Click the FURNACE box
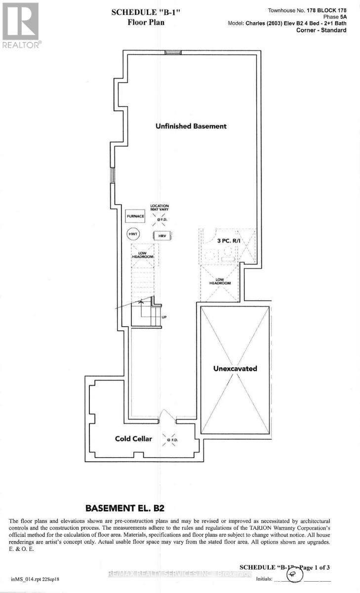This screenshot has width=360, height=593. click(x=135, y=216)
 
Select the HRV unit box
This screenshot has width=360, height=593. click(x=162, y=236)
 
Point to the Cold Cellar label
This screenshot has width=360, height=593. click(x=134, y=438)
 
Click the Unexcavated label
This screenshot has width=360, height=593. click(x=235, y=369)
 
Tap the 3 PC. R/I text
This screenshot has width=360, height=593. click(x=228, y=240)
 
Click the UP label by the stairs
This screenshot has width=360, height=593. click(x=164, y=318)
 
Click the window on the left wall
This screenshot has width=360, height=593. click(x=113, y=175)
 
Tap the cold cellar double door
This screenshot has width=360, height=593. click(x=166, y=420)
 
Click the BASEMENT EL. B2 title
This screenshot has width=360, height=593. click(x=131, y=508)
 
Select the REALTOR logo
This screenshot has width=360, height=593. click(x=21, y=25)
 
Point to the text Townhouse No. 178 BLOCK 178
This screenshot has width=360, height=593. click(x=307, y=10)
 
